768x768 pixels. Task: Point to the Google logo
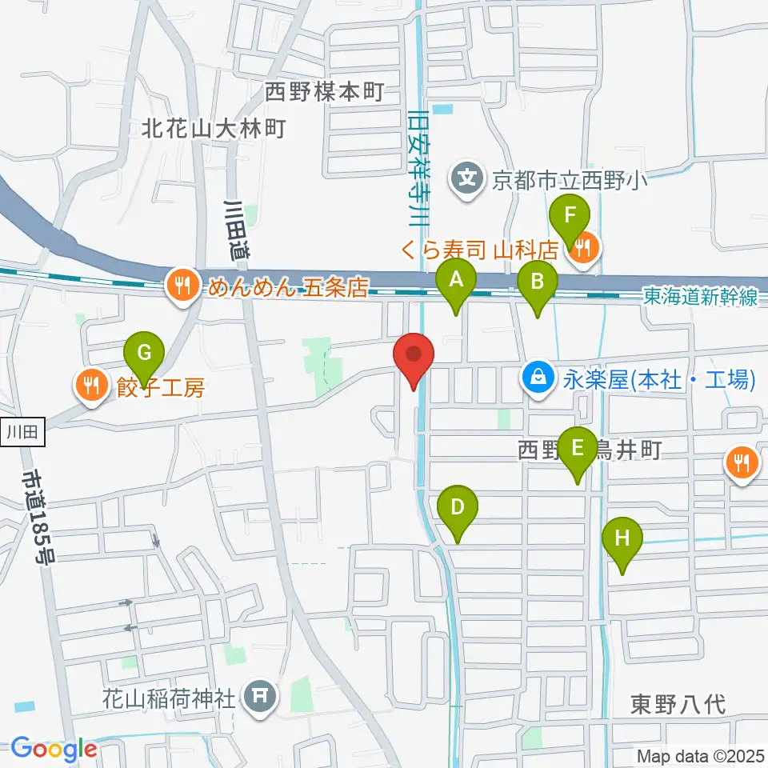(53, 750)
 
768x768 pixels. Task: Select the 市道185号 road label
(37, 517)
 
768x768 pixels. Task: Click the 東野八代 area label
(678, 705)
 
